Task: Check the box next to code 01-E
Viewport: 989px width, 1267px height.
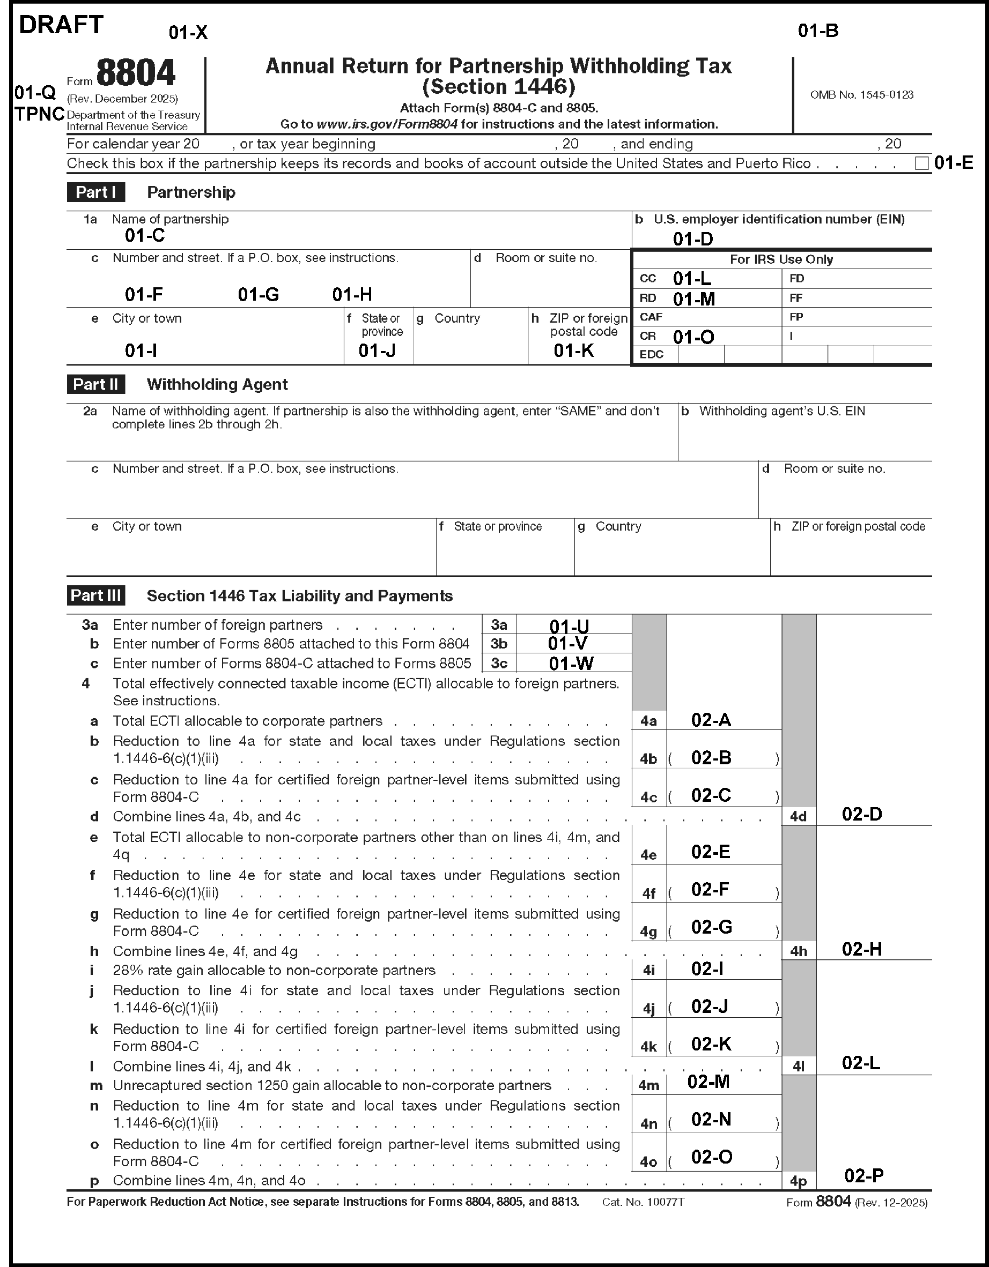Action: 921,163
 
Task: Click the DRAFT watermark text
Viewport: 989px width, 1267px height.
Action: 61,25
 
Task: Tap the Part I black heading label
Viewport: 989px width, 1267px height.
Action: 96,192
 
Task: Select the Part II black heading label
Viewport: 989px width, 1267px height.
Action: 96,384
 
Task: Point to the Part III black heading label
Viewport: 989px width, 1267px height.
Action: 96,595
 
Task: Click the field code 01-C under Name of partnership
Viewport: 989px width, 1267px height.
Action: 144,235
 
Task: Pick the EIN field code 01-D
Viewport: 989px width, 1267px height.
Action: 692,239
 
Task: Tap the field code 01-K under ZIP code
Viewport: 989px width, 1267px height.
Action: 573,351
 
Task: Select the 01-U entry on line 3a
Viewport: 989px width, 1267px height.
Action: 569,626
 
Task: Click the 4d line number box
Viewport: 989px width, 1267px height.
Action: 799,816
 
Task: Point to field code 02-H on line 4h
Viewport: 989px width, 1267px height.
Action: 861,949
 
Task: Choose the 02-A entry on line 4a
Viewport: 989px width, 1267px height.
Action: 711,720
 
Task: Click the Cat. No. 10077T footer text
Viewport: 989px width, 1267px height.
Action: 643,1202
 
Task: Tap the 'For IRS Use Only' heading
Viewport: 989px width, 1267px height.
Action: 781,259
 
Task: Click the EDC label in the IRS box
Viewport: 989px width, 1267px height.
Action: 651,354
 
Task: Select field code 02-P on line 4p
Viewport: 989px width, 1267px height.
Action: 863,1175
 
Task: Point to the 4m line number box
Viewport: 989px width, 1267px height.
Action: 649,1085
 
